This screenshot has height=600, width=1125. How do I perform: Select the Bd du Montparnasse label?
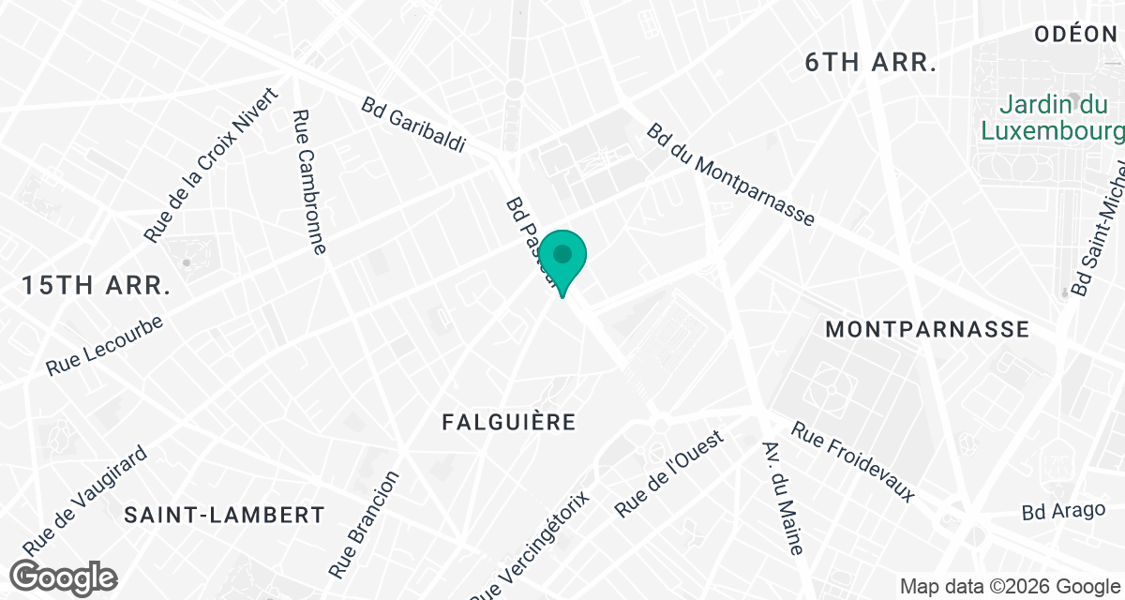coord(730,174)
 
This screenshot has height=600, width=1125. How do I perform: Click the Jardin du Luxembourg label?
coord(1051,115)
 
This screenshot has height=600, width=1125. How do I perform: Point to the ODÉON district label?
coord(1076,36)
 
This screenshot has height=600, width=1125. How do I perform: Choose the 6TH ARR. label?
coord(872,63)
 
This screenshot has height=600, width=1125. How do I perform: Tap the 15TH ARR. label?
coord(97,286)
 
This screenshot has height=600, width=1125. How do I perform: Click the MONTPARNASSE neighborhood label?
coord(927,330)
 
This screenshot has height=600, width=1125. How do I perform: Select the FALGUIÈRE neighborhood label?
coord(509,422)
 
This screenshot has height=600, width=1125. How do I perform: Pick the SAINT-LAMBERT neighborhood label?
coord(225,515)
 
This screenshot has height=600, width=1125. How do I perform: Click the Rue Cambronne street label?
coord(309,183)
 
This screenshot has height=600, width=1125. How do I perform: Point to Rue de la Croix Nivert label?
coord(212,166)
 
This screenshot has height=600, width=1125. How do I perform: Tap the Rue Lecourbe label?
coord(104,347)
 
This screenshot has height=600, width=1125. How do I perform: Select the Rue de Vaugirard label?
coord(85,499)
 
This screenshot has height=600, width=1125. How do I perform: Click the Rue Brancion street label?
coord(365,524)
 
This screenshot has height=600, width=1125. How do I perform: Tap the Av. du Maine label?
coord(784,497)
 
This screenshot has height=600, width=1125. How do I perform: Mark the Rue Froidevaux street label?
coord(853,461)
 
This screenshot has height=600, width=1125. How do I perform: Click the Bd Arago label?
coord(1063,512)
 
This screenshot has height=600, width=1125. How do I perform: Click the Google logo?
coord(64,577)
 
